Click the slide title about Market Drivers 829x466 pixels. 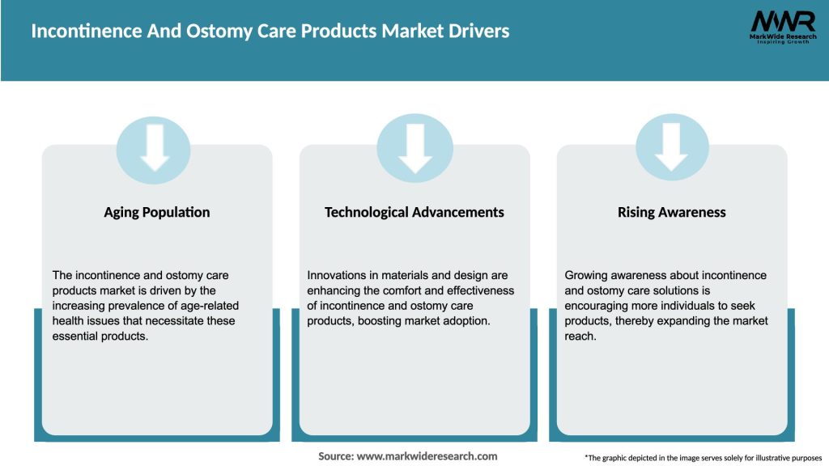[x=270, y=32]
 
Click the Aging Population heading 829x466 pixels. [x=156, y=212]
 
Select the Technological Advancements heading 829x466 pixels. [x=414, y=212]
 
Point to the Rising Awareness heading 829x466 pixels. [x=671, y=212]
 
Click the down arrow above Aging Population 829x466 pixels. [x=154, y=150]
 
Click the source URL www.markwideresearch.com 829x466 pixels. [x=427, y=456]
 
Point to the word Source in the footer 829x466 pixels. [x=335, y=456]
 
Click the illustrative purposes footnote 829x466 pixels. [x=703, y=458]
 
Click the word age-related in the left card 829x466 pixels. [x=210, y=306]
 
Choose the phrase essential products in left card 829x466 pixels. [x=101, y=336]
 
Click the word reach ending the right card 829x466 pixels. [x=580, y=336]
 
